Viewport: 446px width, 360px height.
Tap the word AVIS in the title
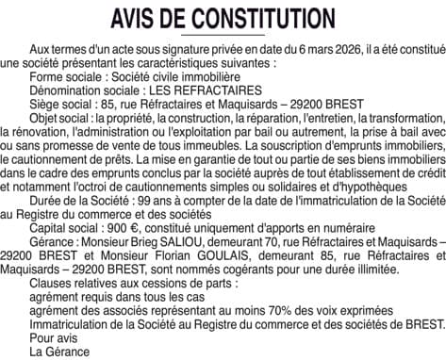[135, 18]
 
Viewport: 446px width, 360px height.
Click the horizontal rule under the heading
[223, 36]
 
